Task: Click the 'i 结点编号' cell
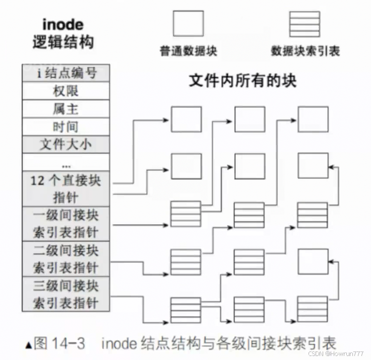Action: pyautogui.click(x=66, y=74)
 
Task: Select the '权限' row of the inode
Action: pyautogui.click(x=66, y=91)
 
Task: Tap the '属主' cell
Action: pyautogui.click(x=66, y=109)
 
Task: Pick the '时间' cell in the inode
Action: pyautogui.click(x=66, y=126)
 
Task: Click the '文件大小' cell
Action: pyautogui.click(x=66, y=145)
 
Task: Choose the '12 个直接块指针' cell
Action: pyautogui.click(x=66, y=188)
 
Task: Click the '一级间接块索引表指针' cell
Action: pyautogui.click(x=66, y=224)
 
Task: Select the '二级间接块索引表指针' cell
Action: pyautogui.click(x=66, y=259)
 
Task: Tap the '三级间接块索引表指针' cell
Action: pyautogui.click(x=66, y=294)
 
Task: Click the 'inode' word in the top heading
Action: pyautogui.click(x=62, y=24)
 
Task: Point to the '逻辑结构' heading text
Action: pyautogui.click(x=62, y=42)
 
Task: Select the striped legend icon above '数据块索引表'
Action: pyautogui.click(x=304, y=23)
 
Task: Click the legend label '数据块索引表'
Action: pyautogui.click(x=305, y=51)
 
